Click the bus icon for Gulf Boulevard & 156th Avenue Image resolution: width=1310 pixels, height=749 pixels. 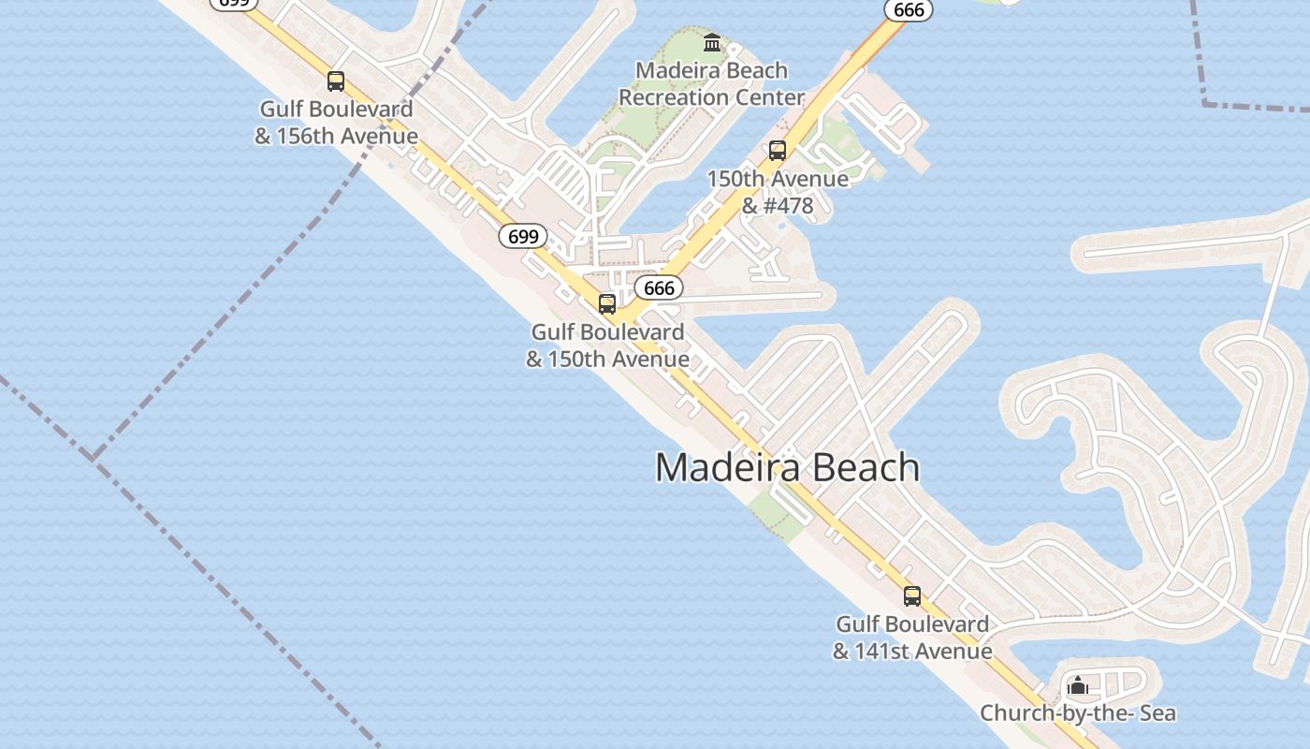tap(336, 81)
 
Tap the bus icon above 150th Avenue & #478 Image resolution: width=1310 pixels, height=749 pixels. tap(777, 151)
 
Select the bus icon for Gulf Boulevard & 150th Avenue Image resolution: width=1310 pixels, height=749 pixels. tap(607, 304)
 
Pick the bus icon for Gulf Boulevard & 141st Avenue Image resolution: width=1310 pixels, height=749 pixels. tap(911, 596)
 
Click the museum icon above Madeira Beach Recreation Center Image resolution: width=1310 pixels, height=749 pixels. tap(712, 43)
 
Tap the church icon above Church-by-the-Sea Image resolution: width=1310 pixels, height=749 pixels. tap(1078, 686)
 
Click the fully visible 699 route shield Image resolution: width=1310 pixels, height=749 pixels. tap(522, 236)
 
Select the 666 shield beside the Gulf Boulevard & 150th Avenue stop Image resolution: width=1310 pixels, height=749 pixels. tap(659, 287)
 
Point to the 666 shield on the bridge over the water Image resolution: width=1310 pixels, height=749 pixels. tap(909, 10)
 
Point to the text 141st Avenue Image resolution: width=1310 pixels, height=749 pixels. tap(924, 651)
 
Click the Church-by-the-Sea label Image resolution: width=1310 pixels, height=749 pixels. tap(1078, 713)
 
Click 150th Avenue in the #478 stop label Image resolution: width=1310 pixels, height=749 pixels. tap(778, 179)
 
